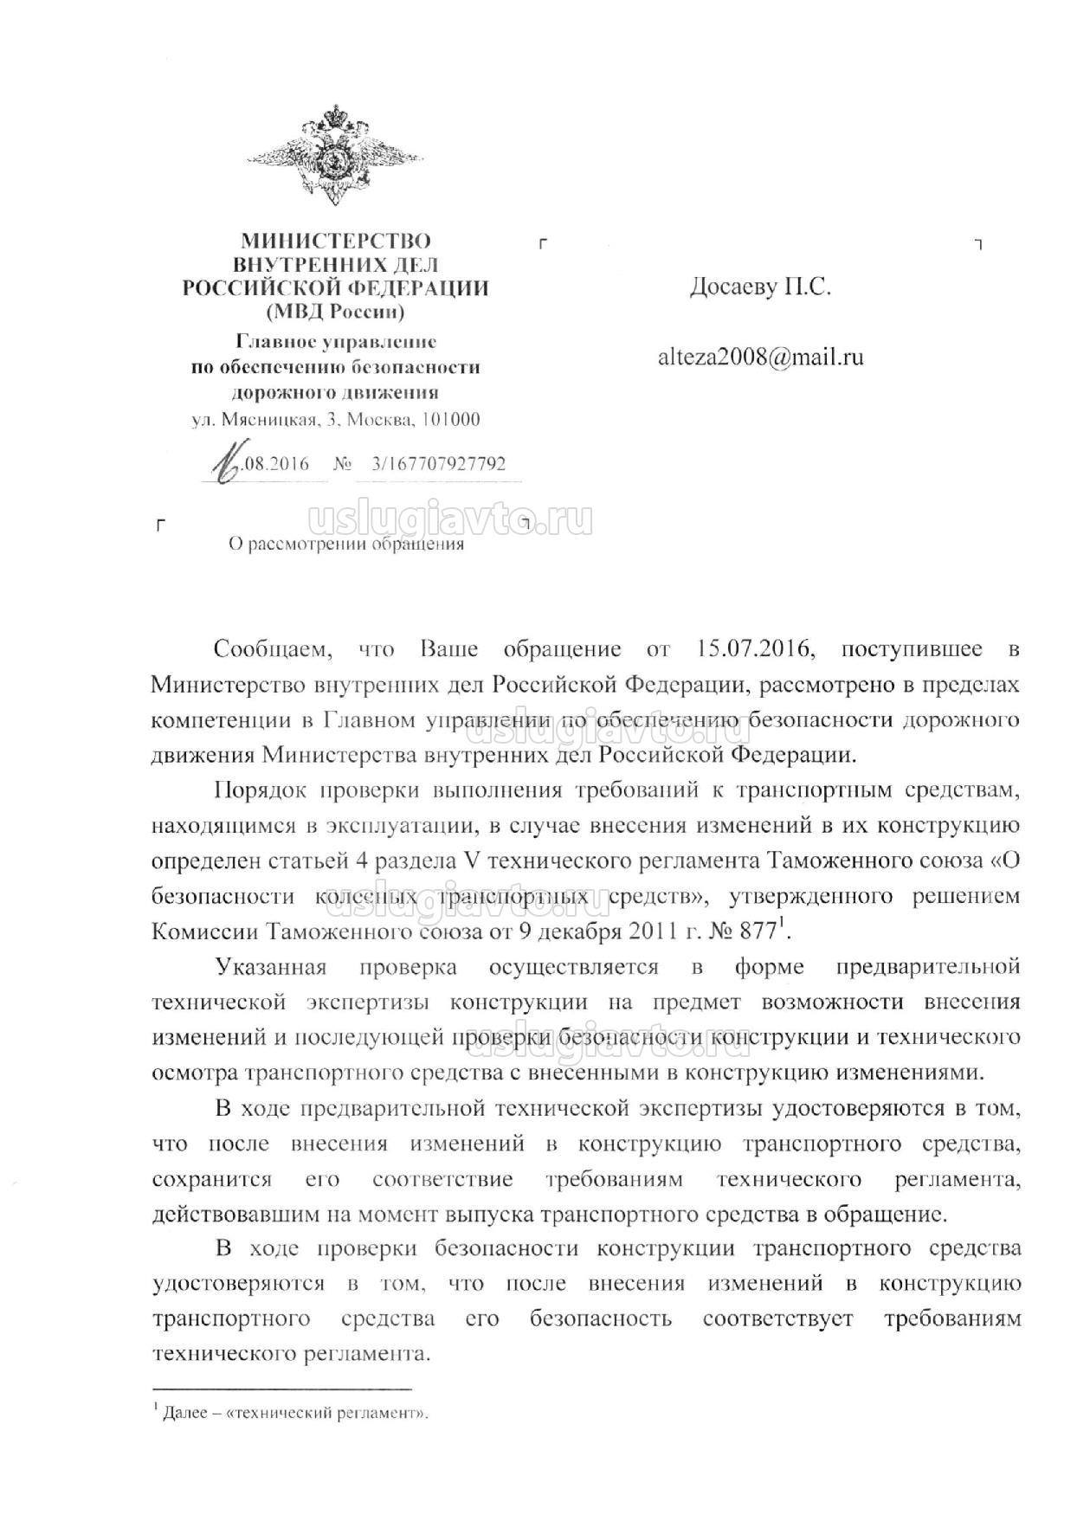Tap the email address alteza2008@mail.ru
[761, 357]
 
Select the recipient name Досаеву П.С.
[760, 287]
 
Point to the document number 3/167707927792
[437, 464]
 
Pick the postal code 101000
[450, 420]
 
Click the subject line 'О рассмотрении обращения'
[345, 544]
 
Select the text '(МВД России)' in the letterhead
[335, 310]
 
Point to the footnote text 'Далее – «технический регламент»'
[294, 1413]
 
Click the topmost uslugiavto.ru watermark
[450, 519]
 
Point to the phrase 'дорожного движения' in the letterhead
[335, 392]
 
